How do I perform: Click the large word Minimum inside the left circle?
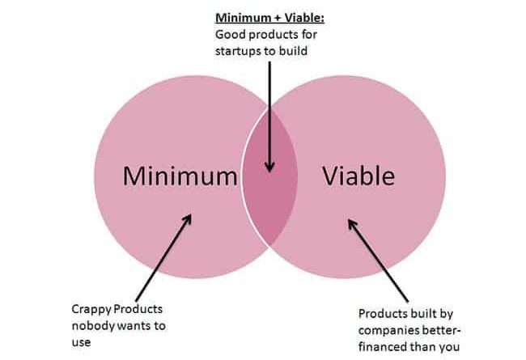click(x=180, y=176)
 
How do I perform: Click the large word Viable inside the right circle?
click(x=358, y=176)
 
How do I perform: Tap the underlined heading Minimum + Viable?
click(x=269, y=18)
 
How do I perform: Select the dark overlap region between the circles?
click(x=269, y=176)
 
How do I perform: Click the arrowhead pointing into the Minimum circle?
click(x=187, y=220)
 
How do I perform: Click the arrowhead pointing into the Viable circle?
click(x=353, y=225)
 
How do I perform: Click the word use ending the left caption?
click(x=81, y=342)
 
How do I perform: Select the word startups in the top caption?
click(x=235, y=51)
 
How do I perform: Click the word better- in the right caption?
click(x=442, y=331)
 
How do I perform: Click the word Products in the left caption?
click(x=138, y=309)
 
